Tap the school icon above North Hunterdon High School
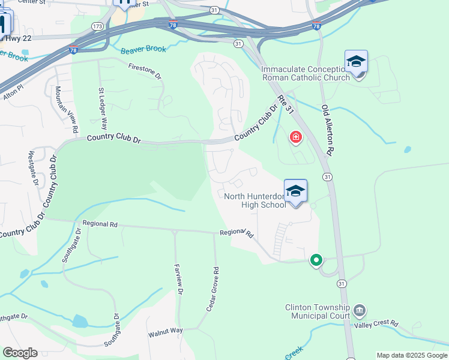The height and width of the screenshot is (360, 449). click(295, 191)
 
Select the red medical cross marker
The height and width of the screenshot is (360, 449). click(295, 138)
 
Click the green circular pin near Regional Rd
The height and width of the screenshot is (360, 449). click(316, 260)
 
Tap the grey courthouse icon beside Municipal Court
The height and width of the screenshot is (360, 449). click(360, 310)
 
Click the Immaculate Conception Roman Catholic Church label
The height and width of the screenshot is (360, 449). click(305, 73)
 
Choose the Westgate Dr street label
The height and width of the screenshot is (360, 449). click(32, 168)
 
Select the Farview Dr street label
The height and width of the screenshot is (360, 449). click(178, 280)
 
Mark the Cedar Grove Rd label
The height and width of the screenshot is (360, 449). click(211, 289)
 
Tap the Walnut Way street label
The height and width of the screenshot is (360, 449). click(166, 331)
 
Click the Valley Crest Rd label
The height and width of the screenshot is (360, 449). click(376, 324)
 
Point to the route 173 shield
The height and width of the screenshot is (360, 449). click(97, 26)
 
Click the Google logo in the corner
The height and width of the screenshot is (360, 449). click(20, 353)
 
